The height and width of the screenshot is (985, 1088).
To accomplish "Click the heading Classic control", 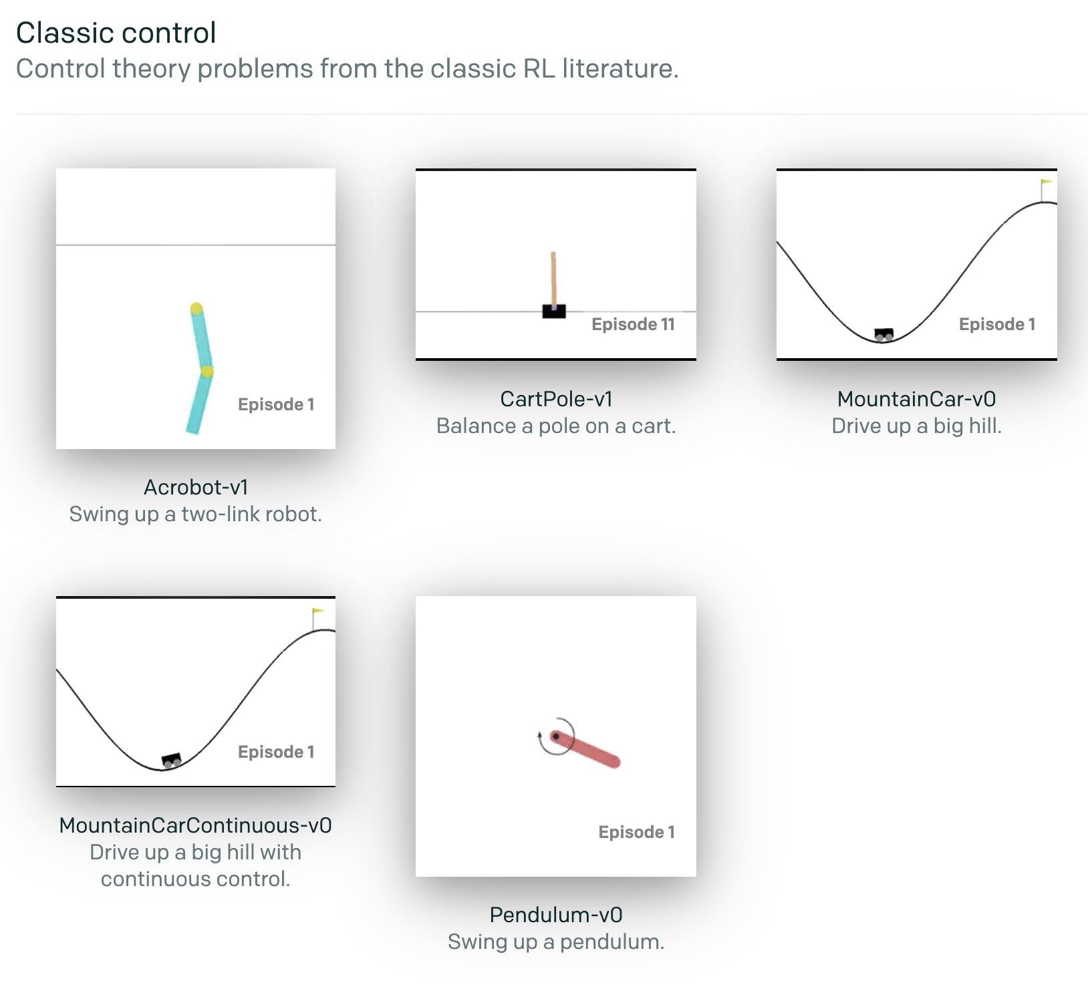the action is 116,33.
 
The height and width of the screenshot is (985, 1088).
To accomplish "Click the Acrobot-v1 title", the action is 196,487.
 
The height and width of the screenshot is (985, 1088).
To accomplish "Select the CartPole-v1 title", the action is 556,399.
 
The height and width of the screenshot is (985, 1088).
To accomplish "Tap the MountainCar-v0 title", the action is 916,399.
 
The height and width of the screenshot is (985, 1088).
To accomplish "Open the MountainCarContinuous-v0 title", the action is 196,825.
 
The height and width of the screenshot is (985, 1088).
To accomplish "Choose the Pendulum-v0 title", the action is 556,915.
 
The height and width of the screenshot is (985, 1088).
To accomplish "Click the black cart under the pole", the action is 554,311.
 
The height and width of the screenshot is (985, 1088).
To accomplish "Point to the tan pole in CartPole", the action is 553,279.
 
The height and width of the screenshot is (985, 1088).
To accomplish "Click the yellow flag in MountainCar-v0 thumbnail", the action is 1047,182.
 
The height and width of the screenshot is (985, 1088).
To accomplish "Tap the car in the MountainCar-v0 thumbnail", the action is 884,334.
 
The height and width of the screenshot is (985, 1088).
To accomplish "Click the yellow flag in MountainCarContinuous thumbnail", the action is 318,611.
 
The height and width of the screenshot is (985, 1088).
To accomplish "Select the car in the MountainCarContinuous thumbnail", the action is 172,760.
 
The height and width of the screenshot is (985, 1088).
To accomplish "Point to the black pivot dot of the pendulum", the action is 555,736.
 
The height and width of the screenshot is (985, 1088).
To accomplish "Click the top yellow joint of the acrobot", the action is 196,309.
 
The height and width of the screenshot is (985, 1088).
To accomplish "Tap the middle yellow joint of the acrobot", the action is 207,371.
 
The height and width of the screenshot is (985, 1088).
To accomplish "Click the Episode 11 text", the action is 633,325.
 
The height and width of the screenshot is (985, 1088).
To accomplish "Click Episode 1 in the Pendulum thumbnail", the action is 636,832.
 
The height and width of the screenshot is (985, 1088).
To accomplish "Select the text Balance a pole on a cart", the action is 556,426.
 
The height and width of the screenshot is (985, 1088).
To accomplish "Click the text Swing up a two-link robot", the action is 196,514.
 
